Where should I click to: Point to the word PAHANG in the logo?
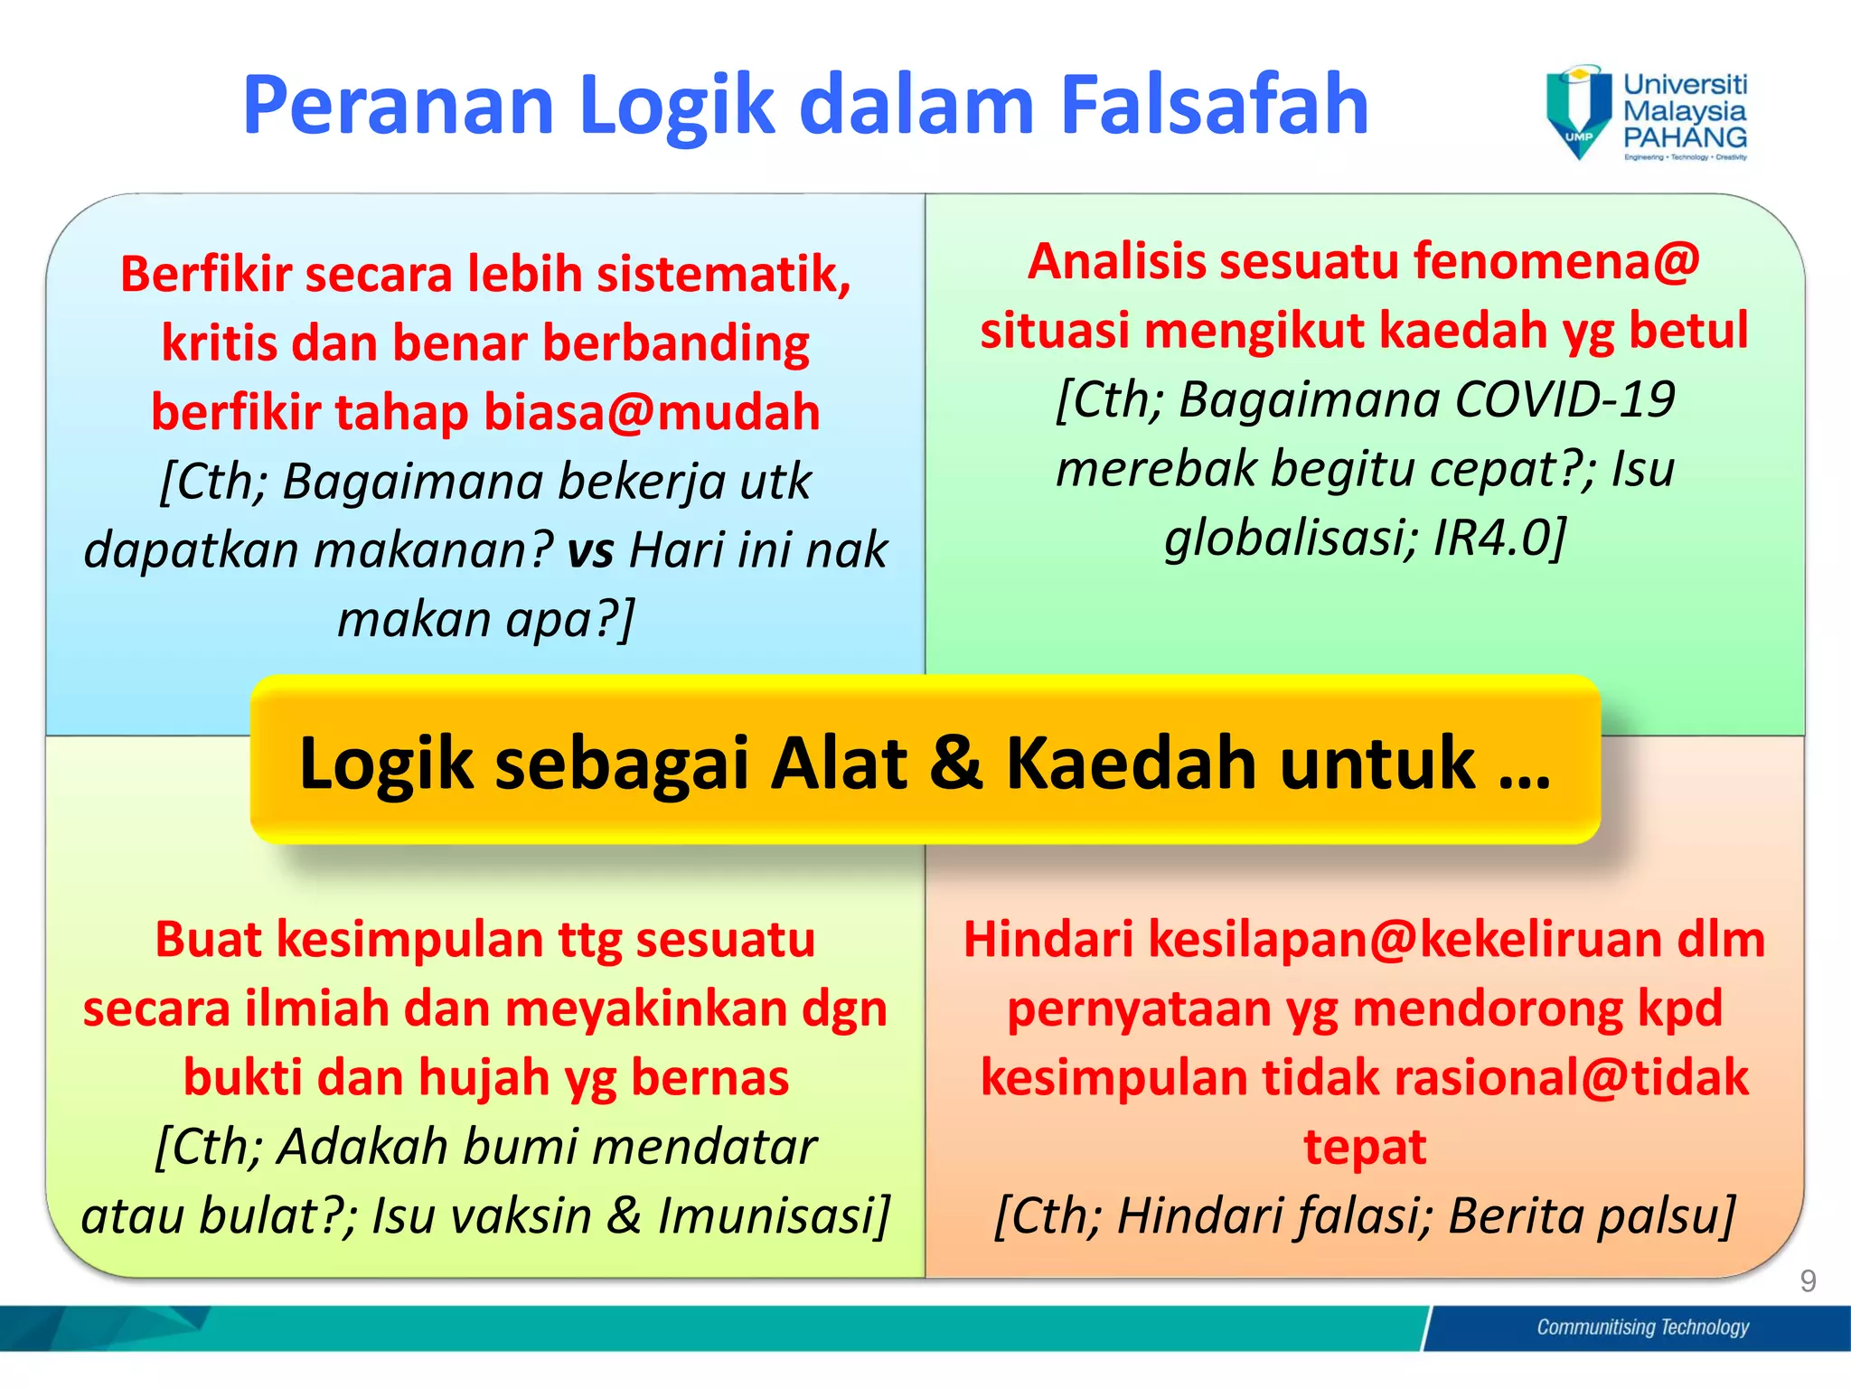1685,138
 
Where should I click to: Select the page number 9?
1808,1280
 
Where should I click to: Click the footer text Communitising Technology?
1642,1327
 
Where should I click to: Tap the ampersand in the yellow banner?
955,762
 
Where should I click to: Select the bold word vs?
590,550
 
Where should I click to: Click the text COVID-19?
1565,399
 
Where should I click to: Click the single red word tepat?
1365,1147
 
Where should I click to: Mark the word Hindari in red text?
1048,940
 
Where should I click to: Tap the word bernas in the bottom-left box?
709,1078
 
